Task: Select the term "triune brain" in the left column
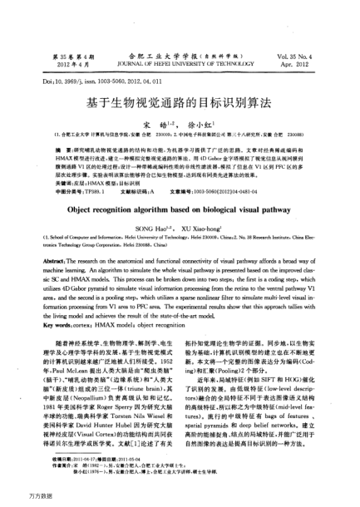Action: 142,372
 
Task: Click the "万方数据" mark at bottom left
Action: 17,496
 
